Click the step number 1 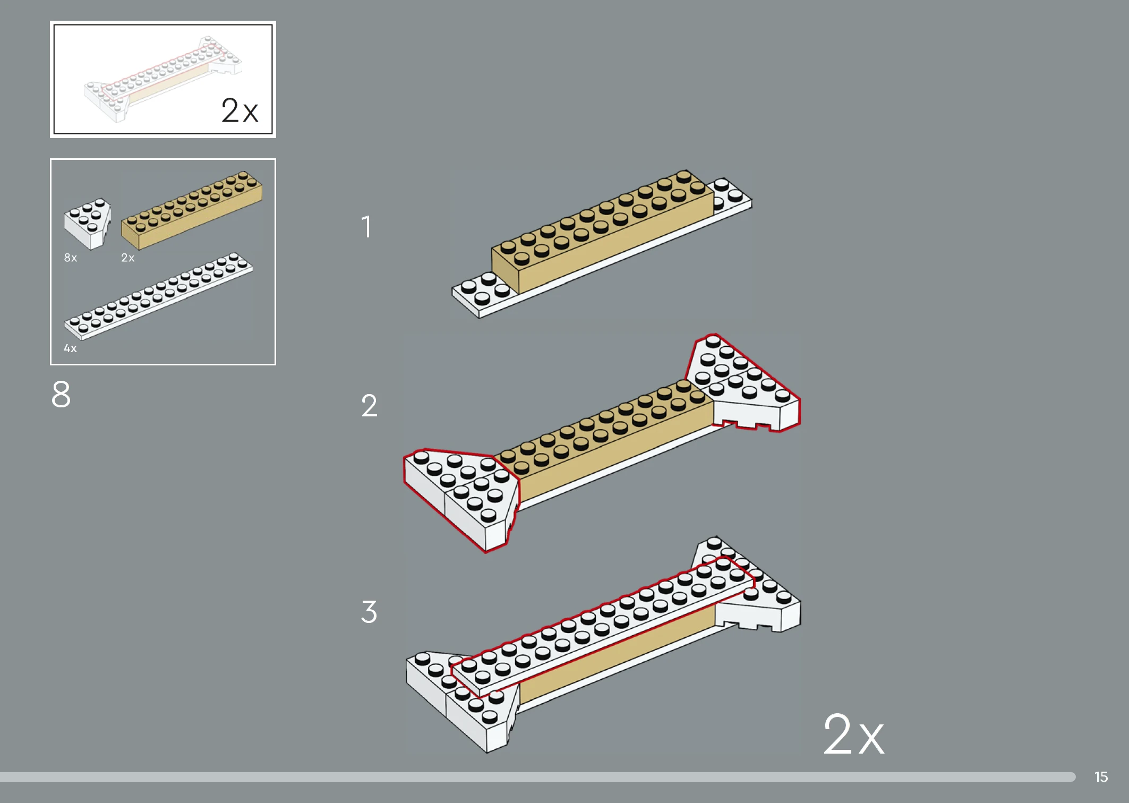(366, 227)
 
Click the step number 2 (369, 406)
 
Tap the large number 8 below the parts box (61, 394)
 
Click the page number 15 (1101, 777)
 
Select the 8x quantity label (71, 258)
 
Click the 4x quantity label (70, 348)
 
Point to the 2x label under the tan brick (128, 258)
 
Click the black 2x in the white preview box (240, 110)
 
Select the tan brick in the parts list (192, 210)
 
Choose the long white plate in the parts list (158, 296)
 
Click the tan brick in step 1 (603, 231)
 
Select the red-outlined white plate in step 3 (603, 627)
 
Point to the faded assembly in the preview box (162, 79)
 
